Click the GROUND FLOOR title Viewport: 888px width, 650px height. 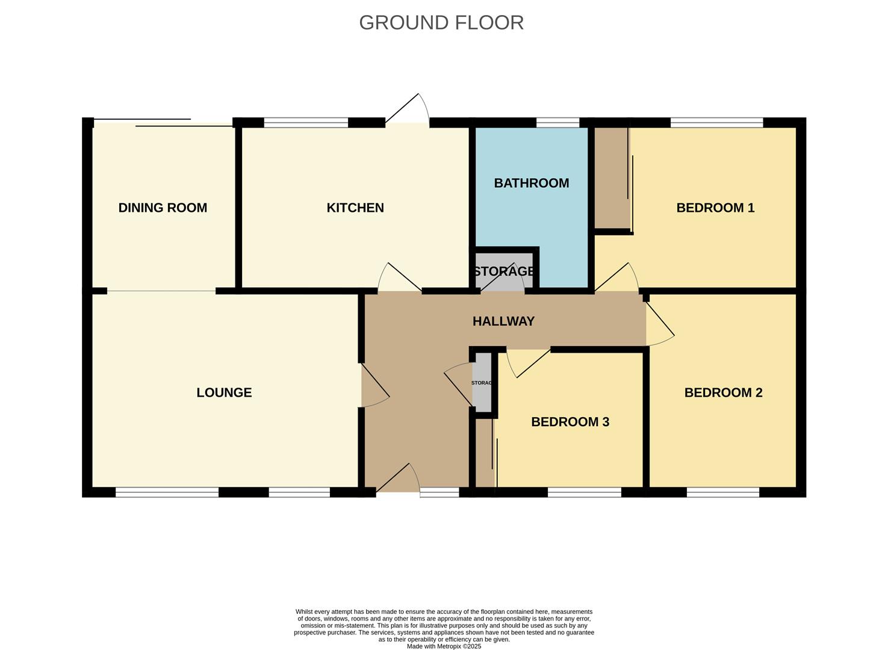(441, 23)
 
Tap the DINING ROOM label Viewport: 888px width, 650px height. (163, 208)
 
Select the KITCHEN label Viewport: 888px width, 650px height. (355, 208)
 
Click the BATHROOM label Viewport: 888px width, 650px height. (531, 183)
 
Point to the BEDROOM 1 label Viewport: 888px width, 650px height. (715, 208)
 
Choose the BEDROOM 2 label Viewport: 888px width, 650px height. (723, 392)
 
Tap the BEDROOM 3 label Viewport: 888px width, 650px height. (570, 422)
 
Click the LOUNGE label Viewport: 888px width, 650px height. (224, 392)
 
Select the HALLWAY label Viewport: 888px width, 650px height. (503, 321)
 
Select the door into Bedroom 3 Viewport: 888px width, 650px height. (529, 362)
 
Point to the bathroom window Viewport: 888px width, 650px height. (557, 123)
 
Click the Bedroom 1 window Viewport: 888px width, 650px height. (716, 123)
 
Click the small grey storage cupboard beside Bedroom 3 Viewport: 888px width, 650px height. (482, 383)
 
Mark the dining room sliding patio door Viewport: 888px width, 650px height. (163, 123)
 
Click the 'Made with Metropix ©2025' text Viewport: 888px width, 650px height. (444, 646)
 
